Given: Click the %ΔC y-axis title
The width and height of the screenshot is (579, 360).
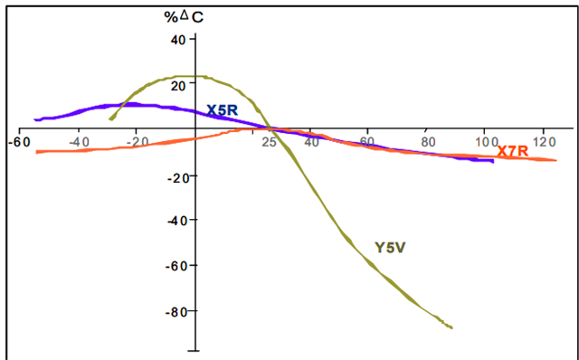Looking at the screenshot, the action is click(184, 17).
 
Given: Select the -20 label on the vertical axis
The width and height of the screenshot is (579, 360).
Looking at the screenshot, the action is click(178, 177).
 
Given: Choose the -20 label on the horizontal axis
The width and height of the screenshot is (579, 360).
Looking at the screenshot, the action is click(138, 142).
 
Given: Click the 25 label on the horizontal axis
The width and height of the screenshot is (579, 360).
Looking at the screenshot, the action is click(270, 142).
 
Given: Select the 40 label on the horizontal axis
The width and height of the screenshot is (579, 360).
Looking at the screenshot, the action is click(312, 142).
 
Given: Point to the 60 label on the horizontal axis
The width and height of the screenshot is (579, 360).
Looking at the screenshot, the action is click(367, 142).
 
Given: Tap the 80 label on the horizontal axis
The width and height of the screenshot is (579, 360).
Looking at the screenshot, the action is click(428, 142).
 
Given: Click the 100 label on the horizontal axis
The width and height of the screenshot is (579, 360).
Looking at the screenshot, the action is click(487, 142).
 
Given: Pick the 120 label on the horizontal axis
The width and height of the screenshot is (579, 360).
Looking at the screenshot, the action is click(545, 142).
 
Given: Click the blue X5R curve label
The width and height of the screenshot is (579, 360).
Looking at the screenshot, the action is click(222, 110).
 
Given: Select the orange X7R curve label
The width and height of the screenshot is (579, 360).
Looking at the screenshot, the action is click(513, 151).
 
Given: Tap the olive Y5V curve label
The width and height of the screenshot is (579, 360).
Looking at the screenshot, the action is click(390, 248).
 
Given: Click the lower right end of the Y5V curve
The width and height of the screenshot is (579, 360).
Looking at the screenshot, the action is click(452, 327).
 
